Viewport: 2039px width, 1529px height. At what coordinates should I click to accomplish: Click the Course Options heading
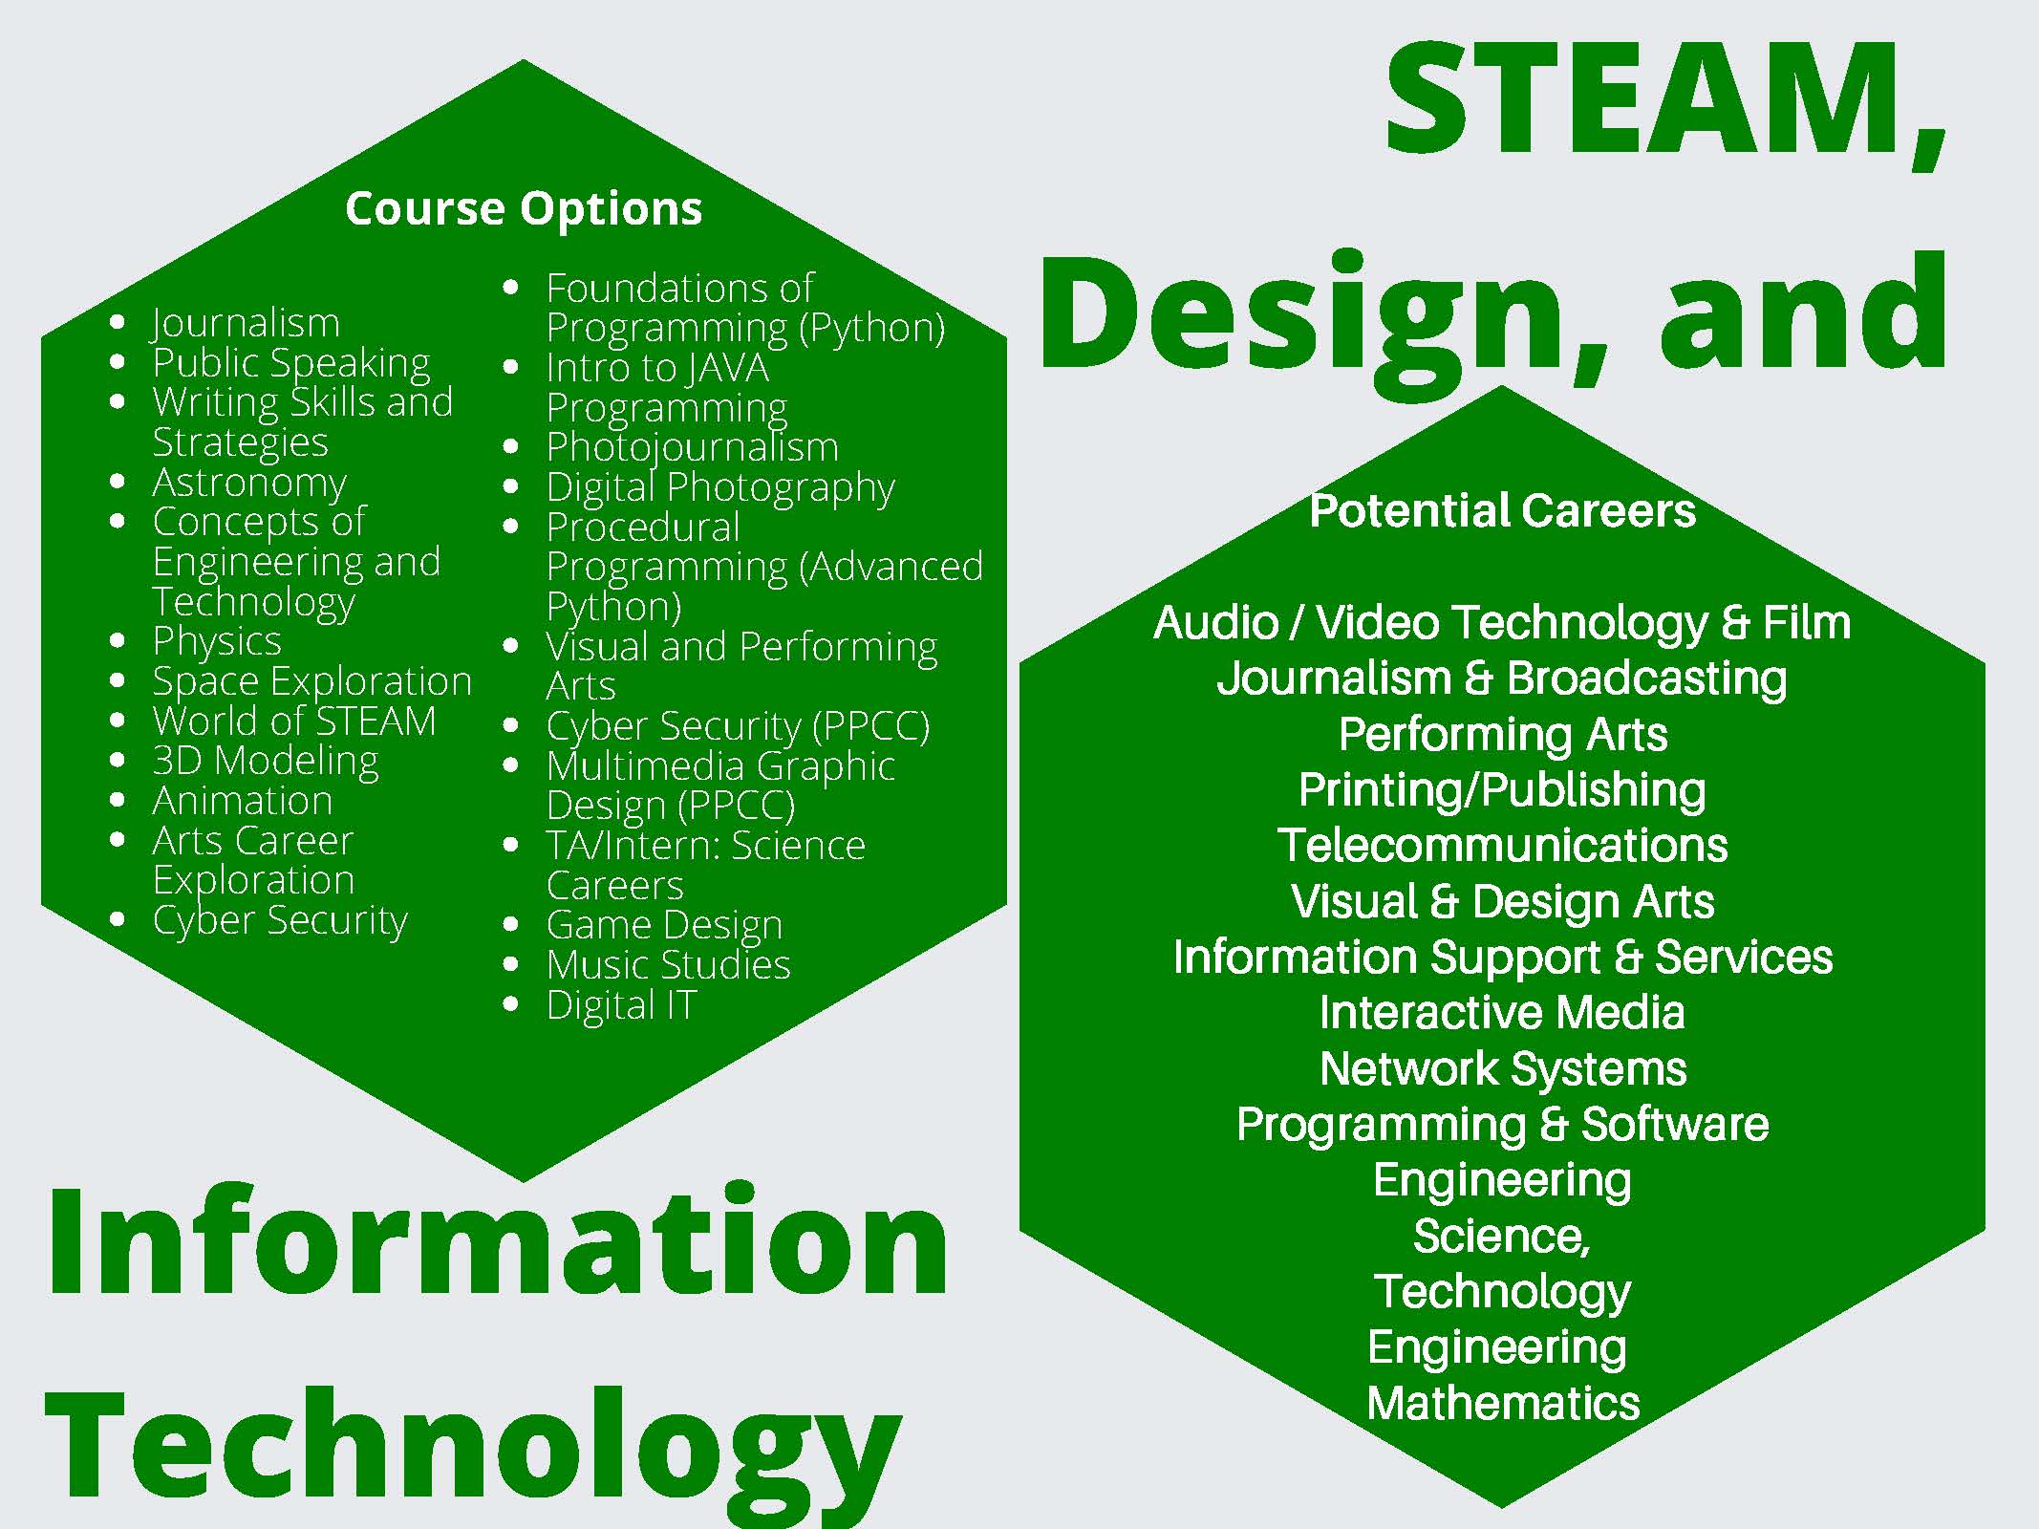pyautogui.click(x=524, y=209)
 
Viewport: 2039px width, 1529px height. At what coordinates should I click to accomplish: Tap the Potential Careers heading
pyautogui.click(x=1502, y=510)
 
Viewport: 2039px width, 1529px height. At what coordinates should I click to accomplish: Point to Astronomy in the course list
pyautogui.click(x=249, y=484)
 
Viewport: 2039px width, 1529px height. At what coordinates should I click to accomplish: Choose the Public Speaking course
pyautogui.click(x=291, y=364)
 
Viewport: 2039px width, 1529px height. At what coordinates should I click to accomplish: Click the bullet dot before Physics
pyautogui.click(x=118, y=640)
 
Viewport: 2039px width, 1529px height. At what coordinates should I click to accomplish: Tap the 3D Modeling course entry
pyautogui.click(x=266, y=762)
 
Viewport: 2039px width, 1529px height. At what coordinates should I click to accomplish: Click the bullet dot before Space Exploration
pyautogui.click(x=118, y=680)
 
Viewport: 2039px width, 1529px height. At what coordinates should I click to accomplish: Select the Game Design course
pyautogui.click(x=664, y=925)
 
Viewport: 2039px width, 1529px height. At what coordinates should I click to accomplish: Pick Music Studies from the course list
pyautogui.click(x=669, y=964)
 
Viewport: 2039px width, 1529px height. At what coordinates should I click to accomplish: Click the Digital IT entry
pyautogui.click(x=622, y=1005)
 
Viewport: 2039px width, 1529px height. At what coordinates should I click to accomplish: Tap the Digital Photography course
pyautogui.click(x=720, y=488)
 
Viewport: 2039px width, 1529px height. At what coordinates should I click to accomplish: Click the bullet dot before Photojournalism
pyautogui.click(x=511, y=446)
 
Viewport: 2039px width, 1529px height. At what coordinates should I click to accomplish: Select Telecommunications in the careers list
pyautogui.click(x=1503, y=845)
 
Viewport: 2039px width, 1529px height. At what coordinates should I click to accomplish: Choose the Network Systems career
pyautogui.click(x=1503, y=1068)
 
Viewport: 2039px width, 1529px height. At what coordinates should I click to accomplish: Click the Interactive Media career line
pyautogui.click(x=1502, y=1012)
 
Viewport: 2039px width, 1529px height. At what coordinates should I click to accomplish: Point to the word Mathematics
pyautogui.click(x=1503, y=1403)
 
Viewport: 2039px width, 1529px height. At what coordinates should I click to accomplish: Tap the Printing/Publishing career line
pyautogui.click(x=1502, y=790)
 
